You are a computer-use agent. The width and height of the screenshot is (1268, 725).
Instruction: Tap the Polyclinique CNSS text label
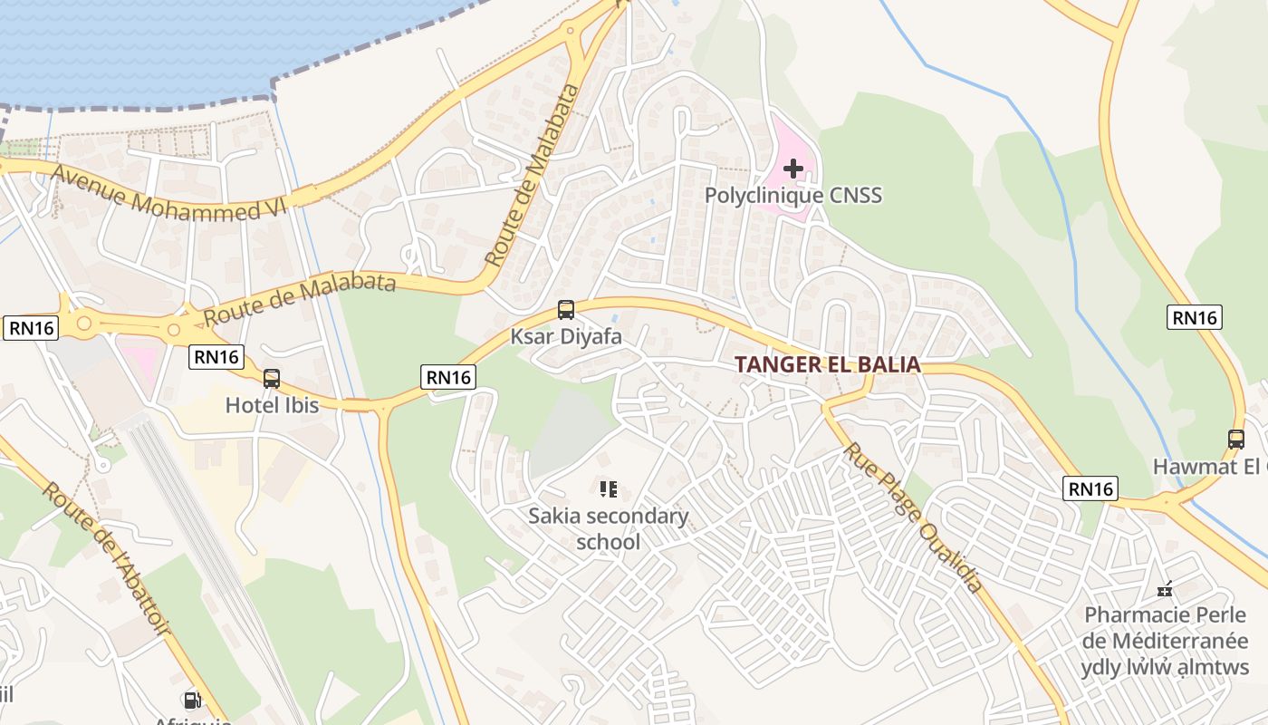[x=792, y=195]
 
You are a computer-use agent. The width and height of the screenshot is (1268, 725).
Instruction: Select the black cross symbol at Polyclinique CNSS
[x=792, y=168]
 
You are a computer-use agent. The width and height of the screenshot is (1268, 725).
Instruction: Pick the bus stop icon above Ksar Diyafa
[x=566, y=310]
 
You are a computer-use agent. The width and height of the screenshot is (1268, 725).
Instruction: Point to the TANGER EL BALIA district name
[x=827, y=364]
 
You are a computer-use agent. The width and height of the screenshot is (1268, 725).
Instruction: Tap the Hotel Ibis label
[x=272, y=405]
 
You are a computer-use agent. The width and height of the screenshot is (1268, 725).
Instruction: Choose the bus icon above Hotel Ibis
[x=272, y=379]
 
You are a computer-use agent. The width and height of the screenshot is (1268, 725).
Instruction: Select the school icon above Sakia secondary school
[x=609, y=489]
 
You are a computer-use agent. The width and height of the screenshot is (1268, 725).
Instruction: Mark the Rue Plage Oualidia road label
[x=913, y=517]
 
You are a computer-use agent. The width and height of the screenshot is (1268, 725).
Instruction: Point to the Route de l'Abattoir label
[x=107, y=556]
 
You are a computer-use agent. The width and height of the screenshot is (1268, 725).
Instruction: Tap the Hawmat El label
[x=1209, y=467]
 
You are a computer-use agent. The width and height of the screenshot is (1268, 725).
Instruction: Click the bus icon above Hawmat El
[x=1236, y=440]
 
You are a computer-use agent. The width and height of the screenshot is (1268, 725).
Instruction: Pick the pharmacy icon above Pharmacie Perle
[x=1165, y=590]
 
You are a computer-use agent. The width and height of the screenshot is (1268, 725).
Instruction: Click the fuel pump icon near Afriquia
[x=192, y=700]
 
